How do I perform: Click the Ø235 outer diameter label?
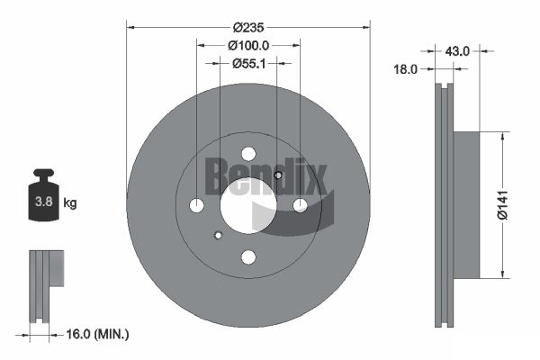point(247,28)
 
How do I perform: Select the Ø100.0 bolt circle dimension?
point(247,45)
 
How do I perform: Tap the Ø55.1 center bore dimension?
point(247,63)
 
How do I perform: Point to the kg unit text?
point(70,204)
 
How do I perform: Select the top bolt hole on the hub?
point(248,154)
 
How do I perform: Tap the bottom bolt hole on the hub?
point(248,257)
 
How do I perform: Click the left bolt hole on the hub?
point(197,206)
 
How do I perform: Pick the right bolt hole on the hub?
point(300,206)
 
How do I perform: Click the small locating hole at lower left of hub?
point(218,237)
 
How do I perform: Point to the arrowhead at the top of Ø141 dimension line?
point(499,135)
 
